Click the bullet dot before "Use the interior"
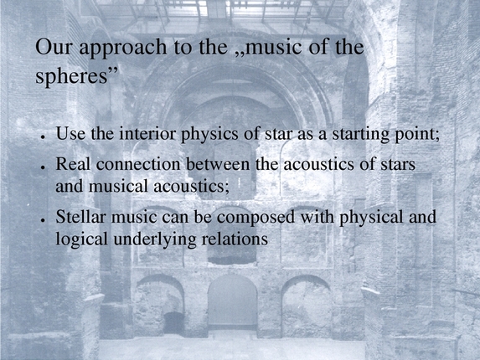[42, 137]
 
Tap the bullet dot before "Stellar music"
[42, 222]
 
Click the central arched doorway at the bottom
[232, 306]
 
